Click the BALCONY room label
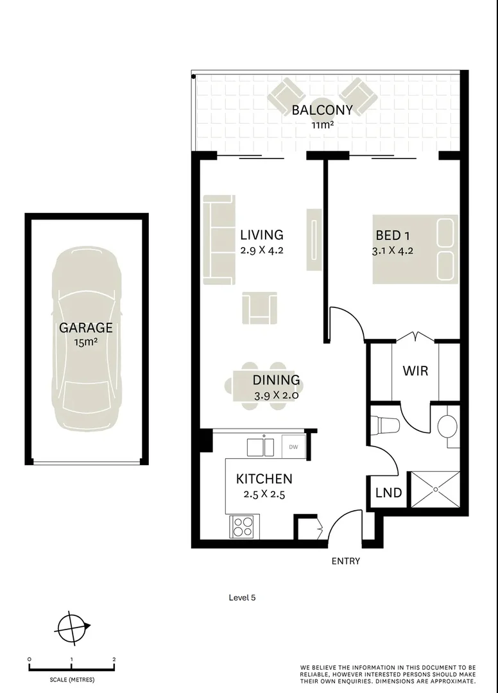pyautogui.click(x=322, y=110)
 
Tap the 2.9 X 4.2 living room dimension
pyautogui.click(x=261, y=250)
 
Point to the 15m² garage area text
pyautogui.click(x=86, y=342)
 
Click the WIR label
pyautogui.click(x=415, y=371)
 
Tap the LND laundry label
pyautogui.click(x=389, y=493)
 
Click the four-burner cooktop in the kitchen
pyautogui.click(x=243, y=527)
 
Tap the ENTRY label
pyautogui.click(x=345, y=561)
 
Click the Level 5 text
pyautogui.click(x=242, y=597)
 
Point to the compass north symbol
pyautogui.click(x=73, y=626)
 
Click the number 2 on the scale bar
pyautogui.click(x=114, y=659)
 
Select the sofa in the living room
pyautogui.click(x=219, y=240)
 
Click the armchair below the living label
pyautogui.click(x=260, y=307)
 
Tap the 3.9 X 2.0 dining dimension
pyautogui.click(x=276, y=395)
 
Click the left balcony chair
pyautogui.click(x=287, y=97)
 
